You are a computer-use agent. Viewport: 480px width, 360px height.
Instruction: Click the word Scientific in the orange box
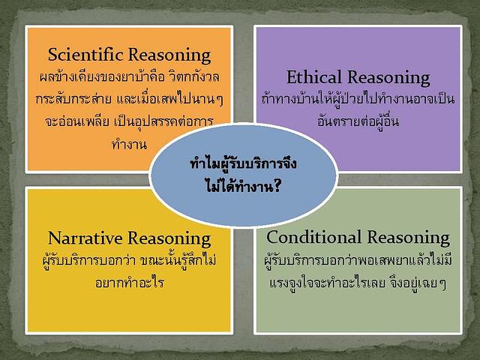[x=85, y=55]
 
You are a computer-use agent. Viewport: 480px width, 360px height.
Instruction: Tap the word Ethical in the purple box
[x=313, y=76]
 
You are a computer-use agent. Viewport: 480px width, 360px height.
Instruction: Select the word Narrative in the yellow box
[x=85, y=238]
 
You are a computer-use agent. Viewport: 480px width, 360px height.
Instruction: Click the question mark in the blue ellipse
[x=276, y=185]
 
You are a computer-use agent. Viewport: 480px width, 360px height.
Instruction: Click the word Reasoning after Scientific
[x=169, y=55]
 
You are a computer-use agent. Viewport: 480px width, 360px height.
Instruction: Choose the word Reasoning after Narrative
[x=169, y=239]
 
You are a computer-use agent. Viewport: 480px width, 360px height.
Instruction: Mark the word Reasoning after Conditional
[x=408, y=238]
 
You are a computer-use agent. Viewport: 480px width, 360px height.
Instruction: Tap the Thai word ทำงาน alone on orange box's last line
[x=129, y=144]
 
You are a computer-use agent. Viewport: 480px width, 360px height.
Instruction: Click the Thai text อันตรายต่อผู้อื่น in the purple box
[x=358, y=120]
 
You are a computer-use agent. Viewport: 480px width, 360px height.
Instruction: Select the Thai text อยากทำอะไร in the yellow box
[x=130, y=282]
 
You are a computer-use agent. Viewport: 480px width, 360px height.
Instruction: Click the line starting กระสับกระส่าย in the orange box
[x=129, y=98]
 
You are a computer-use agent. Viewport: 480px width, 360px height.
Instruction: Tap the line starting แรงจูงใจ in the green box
[x=358, y=283]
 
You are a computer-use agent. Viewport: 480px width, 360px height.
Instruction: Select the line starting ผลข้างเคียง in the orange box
[x=129, y=76]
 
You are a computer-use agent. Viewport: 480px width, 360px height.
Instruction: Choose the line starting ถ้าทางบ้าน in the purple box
[x=358, y=98]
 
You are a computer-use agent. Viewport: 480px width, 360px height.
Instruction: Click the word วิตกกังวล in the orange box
[x=193, y=76]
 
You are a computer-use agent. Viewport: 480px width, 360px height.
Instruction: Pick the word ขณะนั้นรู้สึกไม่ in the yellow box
[x=178, y=260]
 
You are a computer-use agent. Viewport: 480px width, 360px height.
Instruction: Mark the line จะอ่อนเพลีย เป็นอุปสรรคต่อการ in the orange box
[x=129, y=121]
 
